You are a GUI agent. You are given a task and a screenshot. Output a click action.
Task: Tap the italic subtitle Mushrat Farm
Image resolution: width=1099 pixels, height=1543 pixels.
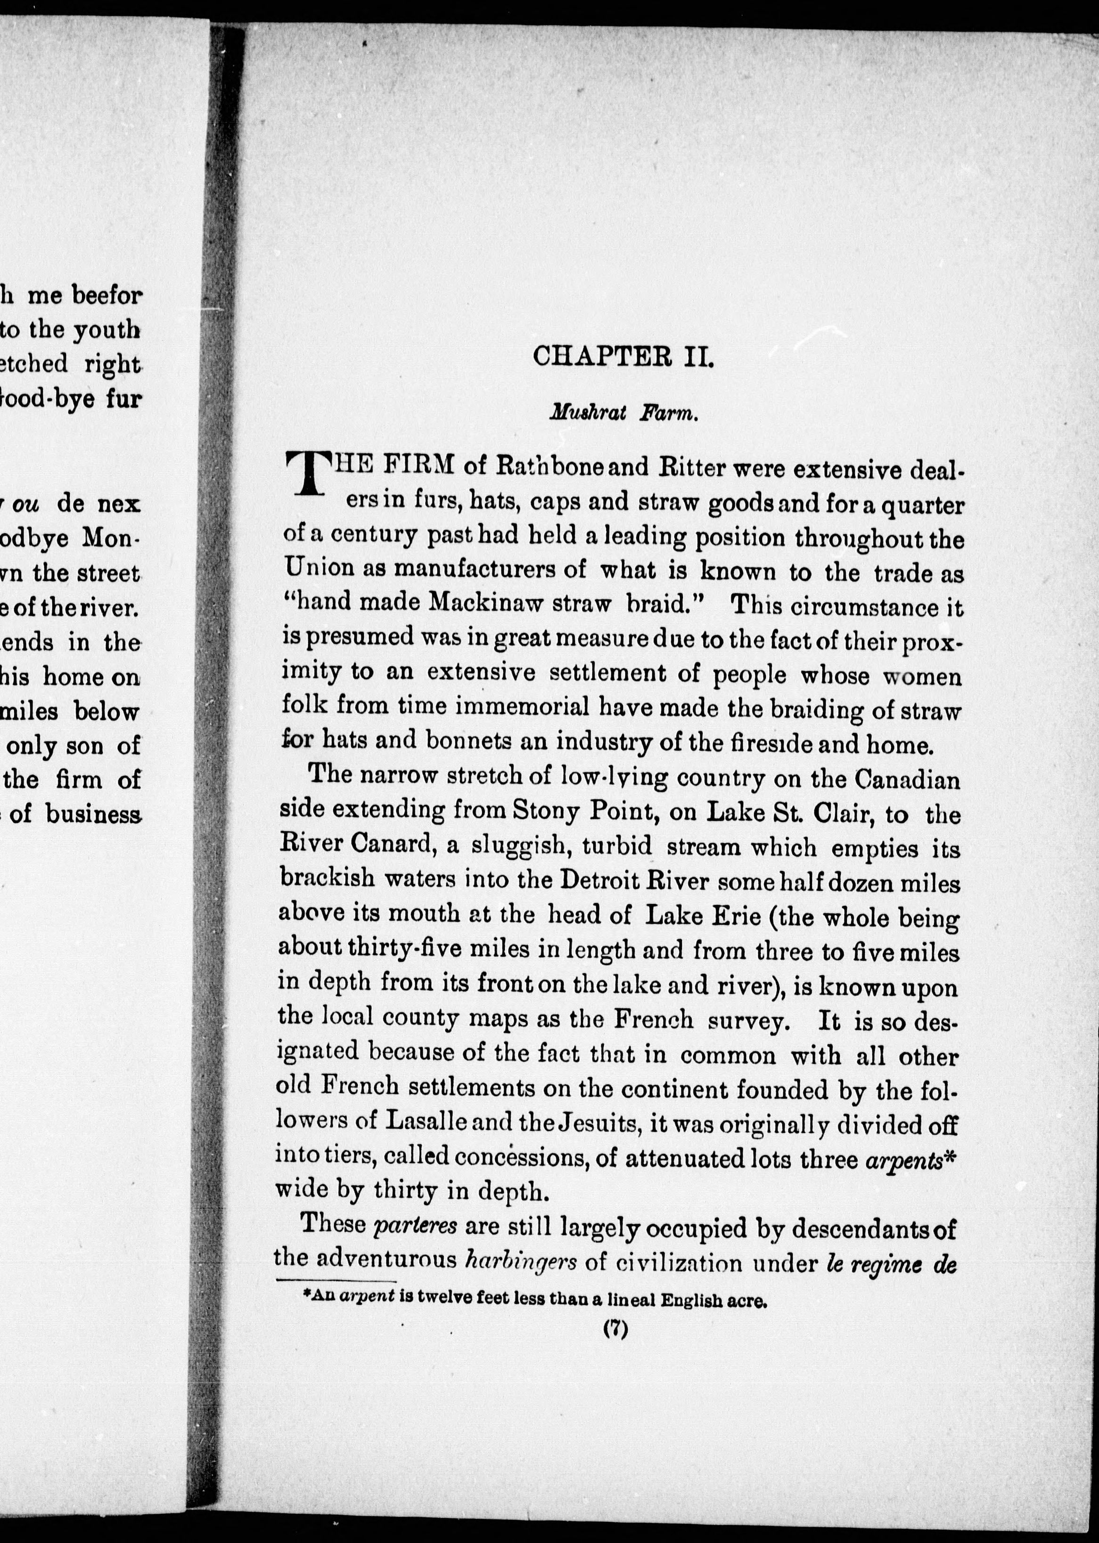[623, 414]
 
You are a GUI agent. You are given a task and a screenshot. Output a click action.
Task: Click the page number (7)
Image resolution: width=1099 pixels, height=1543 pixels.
[616, 1329]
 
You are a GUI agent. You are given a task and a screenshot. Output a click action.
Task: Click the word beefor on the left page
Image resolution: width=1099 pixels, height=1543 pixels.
[107, 296]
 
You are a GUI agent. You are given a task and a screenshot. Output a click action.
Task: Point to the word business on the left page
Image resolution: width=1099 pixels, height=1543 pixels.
[93, 814]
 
